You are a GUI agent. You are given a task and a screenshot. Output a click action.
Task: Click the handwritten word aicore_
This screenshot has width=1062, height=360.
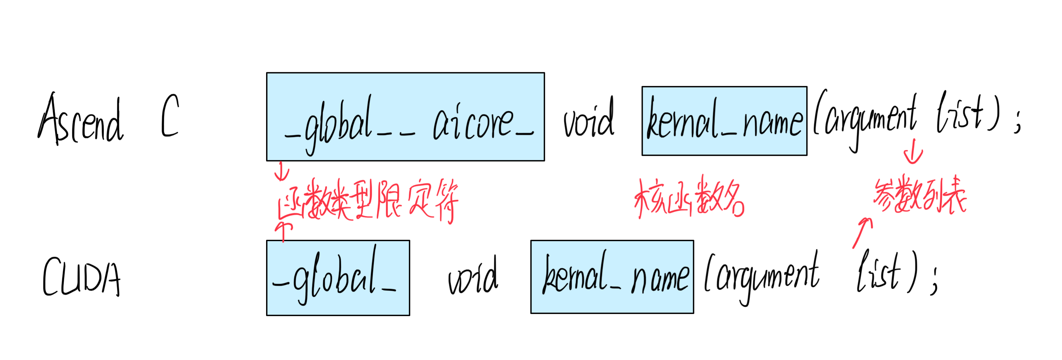click(x=482, y=124)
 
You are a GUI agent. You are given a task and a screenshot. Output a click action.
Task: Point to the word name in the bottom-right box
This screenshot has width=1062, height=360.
click(x=660, y=278)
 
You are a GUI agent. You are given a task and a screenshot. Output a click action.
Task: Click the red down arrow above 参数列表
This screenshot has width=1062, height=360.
click(x=913, y=152)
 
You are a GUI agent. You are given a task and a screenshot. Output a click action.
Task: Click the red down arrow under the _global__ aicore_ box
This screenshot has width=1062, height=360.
click(x=282, y=172)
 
